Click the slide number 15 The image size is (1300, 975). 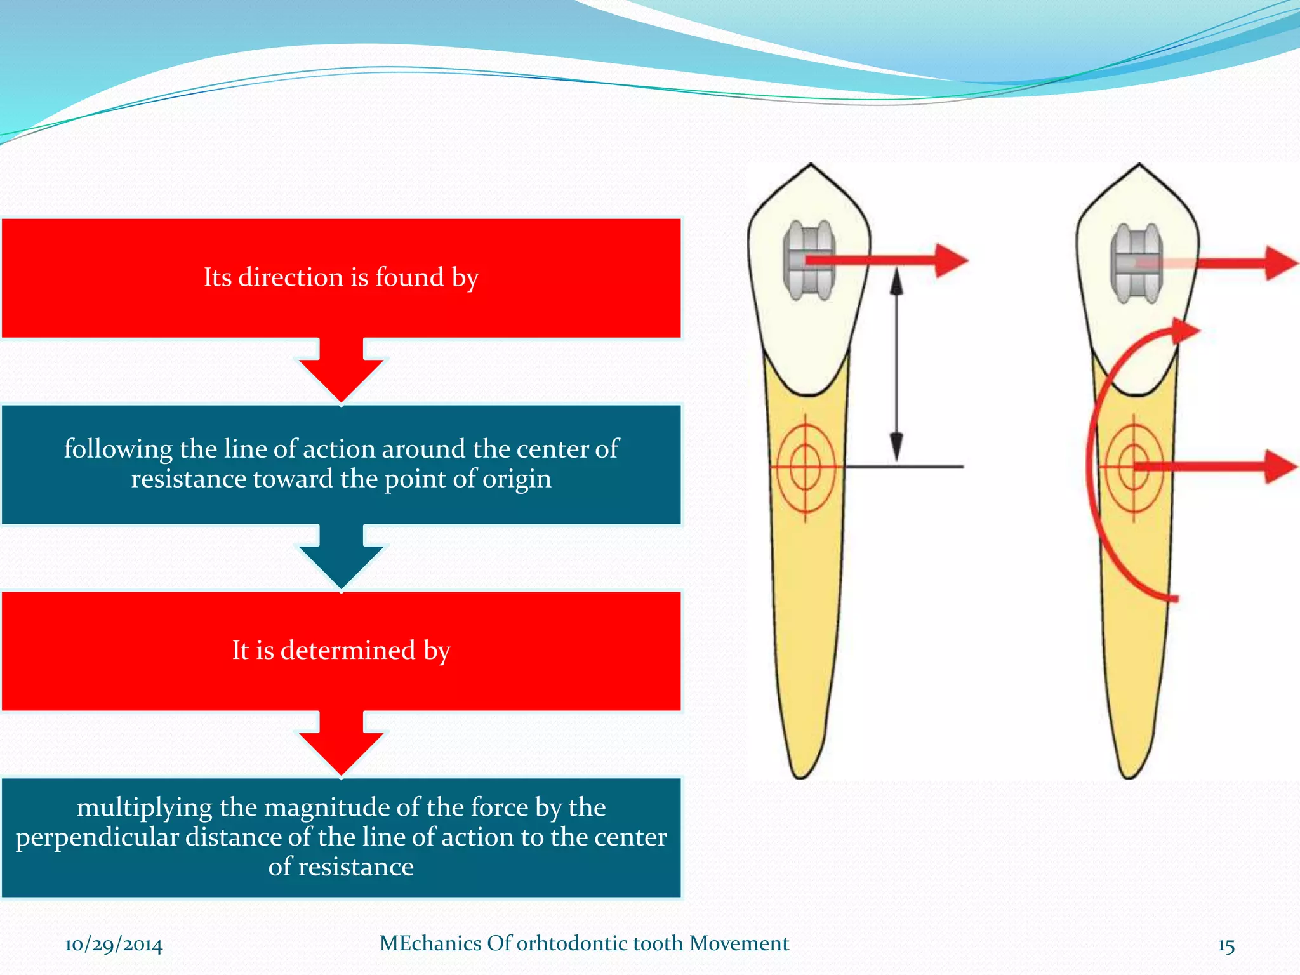1226,945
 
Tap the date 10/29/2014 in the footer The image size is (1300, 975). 114,945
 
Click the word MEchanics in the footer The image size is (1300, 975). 430,943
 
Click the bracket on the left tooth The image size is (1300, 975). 808,260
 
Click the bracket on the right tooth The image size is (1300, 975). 1136,263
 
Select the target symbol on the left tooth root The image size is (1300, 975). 805,467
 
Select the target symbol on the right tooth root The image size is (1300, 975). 1134,468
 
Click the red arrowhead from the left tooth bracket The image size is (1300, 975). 950,260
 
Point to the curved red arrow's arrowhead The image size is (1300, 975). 1183,331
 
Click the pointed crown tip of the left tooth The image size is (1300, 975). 811,166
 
